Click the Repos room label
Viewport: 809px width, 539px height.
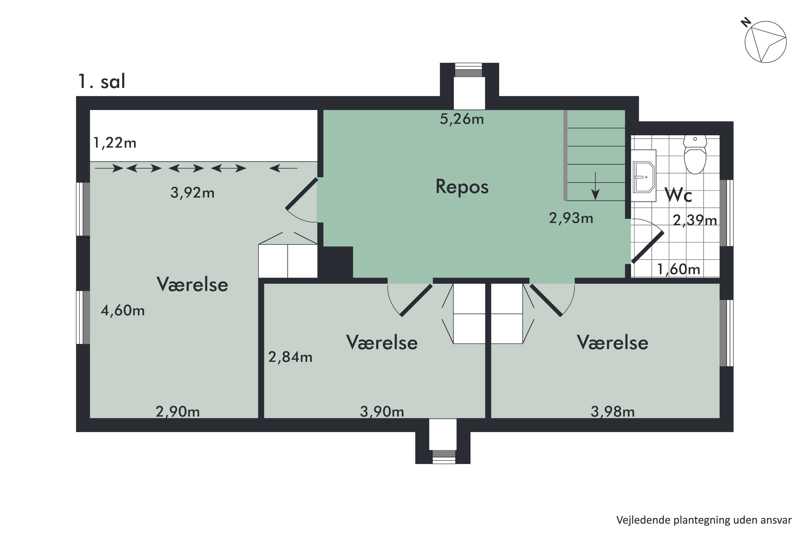[x=462, y=187]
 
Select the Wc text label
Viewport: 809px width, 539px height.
[x=678, y=195]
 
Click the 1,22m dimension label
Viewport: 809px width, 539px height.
[x=115, y=143]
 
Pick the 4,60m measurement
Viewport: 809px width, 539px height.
[x=122, y=311]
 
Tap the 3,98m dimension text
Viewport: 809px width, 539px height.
[x=613, y=412]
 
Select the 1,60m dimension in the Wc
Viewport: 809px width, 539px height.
[x=679, y=269]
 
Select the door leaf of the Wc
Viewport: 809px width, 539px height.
[x=647, y=247]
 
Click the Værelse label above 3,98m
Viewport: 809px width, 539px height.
[x=613, y=343]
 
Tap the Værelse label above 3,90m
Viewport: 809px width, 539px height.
[x=382, y=343]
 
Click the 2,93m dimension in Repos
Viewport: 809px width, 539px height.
[x=571, y=218]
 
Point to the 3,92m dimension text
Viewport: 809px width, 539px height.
[x=192, y=193]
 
